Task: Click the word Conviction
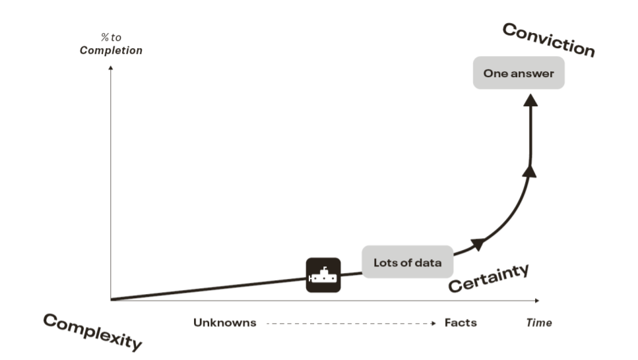click(548, 40)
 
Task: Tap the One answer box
click(519, 73)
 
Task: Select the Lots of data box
click(407, 262)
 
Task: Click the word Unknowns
click(224, 323)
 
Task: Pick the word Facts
click(461, 323)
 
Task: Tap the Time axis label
click(538, 323)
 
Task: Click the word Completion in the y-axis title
click(111, 51)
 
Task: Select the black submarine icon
click(323, 274)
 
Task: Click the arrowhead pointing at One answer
click(530, 100)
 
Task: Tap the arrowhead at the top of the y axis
click(111, 67)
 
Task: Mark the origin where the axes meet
click(111, 300)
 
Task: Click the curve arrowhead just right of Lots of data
click(480, 244)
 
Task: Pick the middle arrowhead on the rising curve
click(529, 171)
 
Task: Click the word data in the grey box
click(428, 262)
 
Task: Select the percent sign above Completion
click(104, 38)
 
